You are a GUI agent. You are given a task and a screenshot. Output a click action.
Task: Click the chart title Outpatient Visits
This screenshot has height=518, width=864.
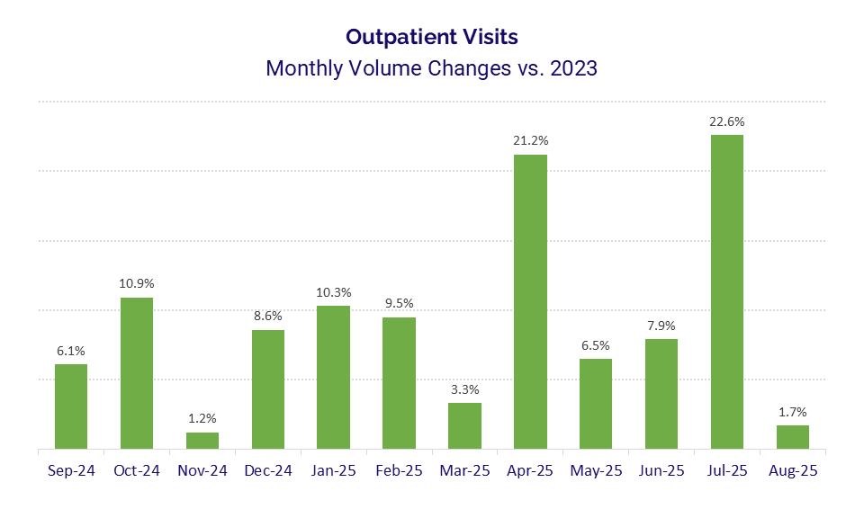pyautogui.click(x=431, y=37)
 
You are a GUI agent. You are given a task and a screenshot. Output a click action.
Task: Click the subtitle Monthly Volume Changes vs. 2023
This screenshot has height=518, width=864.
pyautogui.click(x=431, y=68)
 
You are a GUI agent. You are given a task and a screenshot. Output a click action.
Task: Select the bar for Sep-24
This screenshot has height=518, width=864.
pyautogui.click(x=71, y=406)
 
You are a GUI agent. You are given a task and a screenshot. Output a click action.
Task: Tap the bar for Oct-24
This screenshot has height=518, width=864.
pyautogui.click(x=137, y=372)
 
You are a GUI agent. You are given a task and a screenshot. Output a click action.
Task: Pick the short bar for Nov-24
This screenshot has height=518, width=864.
pyautogui.click(x=202, y=441)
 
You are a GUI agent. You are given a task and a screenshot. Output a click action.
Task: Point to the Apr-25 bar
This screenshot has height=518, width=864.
pyautogui.click(x=530, y=301)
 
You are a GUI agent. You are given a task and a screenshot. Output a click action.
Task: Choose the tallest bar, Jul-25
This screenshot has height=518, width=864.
pyautogui.click(x=727, y=291)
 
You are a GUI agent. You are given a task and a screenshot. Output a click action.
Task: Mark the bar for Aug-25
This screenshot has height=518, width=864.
pyautogui.click(x=793, y=437)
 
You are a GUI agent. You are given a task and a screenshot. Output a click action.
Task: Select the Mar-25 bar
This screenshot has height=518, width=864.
pyautogui.click(x=464, y=425)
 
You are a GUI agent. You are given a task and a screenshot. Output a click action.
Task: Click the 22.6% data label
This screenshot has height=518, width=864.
pyautogui.click(x=727, y=121)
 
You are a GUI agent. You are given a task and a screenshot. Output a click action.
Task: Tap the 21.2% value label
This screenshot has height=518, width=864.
pyautogui.click(x=530, y=140)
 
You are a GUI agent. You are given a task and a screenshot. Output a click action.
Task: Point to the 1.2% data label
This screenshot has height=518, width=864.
pyautogui.click(x=202, y=418)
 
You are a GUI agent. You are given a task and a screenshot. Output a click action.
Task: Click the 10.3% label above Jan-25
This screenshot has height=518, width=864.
pyautogui.click(x=334, y=292)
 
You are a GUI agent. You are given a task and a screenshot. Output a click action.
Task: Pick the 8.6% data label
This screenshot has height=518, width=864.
pyautogui.click(x=268, y=316)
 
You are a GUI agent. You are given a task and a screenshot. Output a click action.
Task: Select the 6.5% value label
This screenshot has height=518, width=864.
pyautogui.click(x=596, y=344)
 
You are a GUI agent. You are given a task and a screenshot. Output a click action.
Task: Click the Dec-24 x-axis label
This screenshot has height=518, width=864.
pyautogui.click(x=268, y=470)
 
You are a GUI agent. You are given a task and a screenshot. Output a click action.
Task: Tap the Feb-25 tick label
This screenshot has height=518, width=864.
pyautogui.click(x=399, y=470)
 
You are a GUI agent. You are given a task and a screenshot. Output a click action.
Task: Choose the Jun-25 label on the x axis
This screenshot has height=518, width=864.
pyautogui.click(x=661, y=470)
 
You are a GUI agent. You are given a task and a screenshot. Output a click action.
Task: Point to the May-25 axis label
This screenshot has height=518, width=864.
pyautogui.click(x=596, y=470)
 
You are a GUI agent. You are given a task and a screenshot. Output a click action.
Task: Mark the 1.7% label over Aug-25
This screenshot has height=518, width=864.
pyautogui.click(x=793, y=412)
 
